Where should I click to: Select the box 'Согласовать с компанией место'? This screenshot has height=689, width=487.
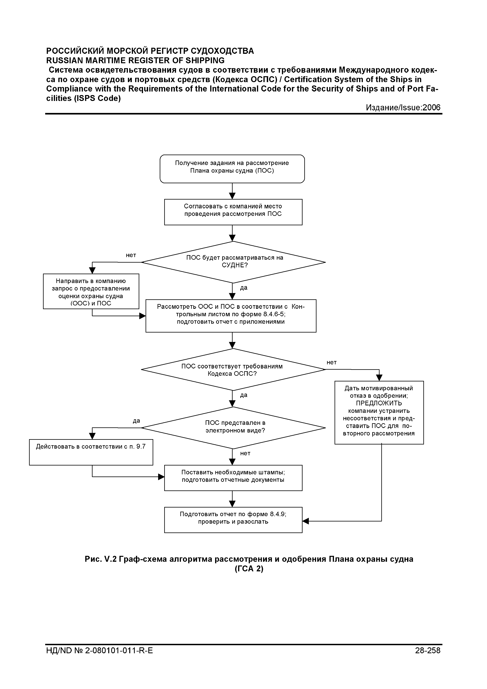click(233, 212)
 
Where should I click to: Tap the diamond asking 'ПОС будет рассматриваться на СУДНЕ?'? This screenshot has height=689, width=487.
click(233, 262)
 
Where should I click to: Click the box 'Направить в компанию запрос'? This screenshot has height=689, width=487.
click(91, 291)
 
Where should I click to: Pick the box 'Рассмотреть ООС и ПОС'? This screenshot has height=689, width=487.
click(231, 316)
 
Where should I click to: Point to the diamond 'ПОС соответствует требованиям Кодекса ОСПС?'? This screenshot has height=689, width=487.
click(233, 369)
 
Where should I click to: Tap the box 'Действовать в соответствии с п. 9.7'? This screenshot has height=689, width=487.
click(91, 452)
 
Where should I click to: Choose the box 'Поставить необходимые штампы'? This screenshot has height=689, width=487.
click(233, 478)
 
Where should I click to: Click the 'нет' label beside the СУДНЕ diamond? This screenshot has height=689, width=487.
click(131, 255)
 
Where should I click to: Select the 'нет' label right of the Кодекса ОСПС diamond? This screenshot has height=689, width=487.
click(332, 363)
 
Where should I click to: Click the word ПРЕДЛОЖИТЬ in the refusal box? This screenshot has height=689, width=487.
click(379, 403)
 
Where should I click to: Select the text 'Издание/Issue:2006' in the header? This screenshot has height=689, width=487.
click(403, 107)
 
